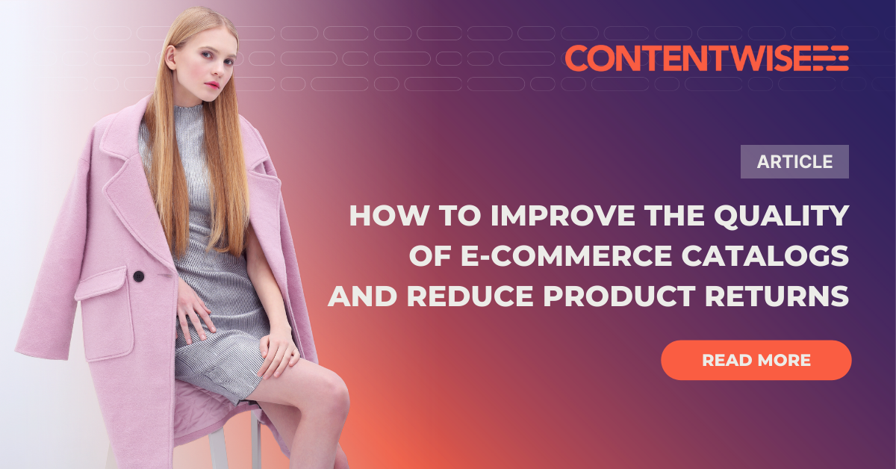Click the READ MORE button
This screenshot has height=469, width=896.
756,360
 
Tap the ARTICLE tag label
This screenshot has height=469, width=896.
794,161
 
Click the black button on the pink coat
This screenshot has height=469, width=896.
138,276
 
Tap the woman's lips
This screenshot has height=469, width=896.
214,85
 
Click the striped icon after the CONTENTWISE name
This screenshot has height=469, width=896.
830,58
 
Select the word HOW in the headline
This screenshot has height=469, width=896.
379,216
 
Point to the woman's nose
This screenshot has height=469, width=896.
215,71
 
